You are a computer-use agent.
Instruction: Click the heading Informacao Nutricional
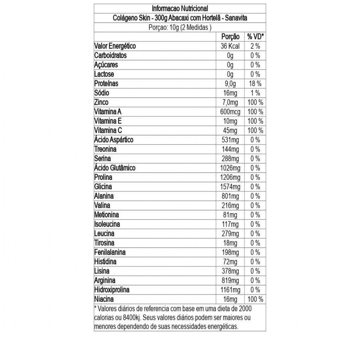[x=180, y=8]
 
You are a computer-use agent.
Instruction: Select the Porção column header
[x=230, y=37]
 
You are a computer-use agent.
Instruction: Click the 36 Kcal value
[x=230, y=46]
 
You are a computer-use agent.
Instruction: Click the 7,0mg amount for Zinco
[x=230, y=102]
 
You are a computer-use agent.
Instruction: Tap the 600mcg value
[x=230, y=112]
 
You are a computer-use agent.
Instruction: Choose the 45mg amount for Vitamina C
[x=230, y=130]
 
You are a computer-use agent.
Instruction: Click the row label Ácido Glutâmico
[x=115, y=168]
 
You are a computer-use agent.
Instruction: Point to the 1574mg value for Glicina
[x=230, y=187]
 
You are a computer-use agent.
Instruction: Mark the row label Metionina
[x=107, y=215]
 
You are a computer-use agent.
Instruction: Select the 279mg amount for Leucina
[x=230, y=233]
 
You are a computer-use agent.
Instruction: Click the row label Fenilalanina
[x=110, y=252]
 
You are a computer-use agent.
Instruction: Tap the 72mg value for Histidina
[x=230, y=262]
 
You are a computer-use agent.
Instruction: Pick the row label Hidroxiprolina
[x=112, y=290]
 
